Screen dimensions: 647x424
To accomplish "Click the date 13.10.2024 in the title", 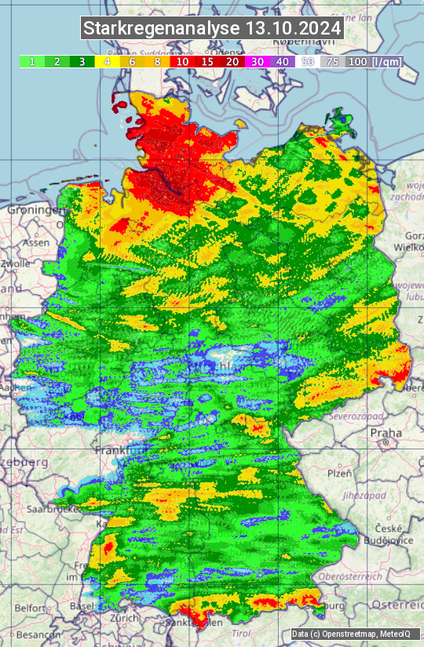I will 294,29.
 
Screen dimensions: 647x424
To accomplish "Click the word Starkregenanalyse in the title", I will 162,29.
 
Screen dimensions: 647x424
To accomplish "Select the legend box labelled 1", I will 32,61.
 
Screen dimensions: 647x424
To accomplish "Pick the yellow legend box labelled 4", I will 108,61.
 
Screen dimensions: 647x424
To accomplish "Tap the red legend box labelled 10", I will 182,61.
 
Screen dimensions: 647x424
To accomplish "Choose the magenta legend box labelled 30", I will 257,61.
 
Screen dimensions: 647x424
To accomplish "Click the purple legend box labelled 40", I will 283,61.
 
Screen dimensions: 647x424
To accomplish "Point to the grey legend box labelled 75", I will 333,61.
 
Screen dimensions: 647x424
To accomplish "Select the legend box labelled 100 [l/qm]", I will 373,61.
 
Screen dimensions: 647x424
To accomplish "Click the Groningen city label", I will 33,210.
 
